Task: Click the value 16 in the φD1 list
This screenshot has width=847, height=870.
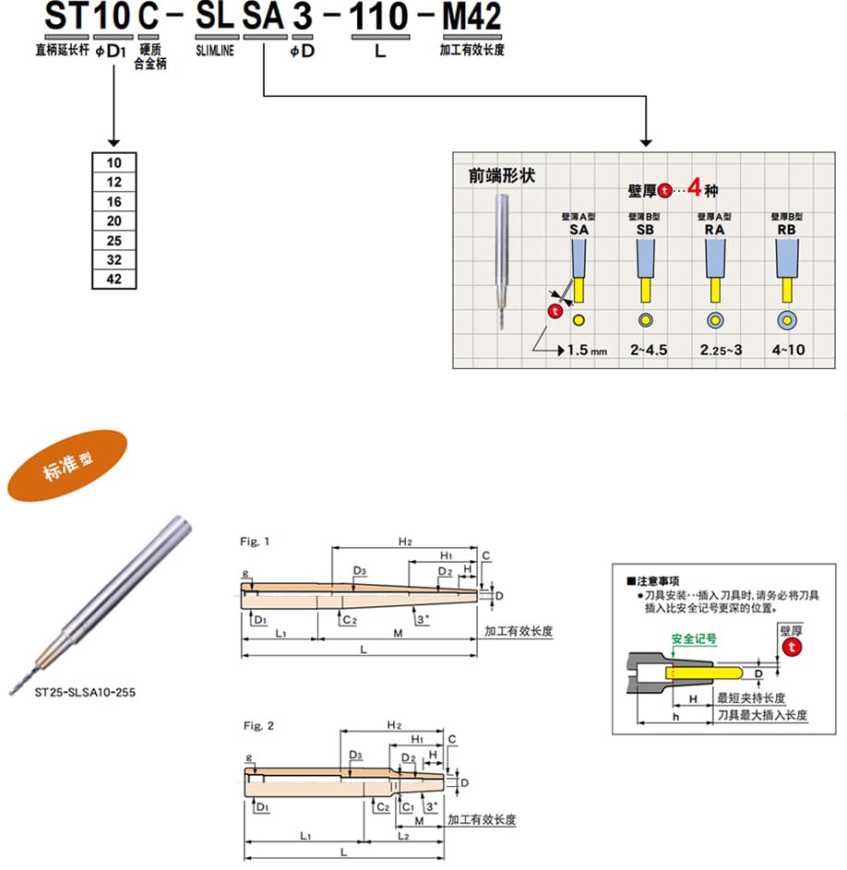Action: (114, 202)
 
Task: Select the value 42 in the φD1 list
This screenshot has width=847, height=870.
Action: (114, 280)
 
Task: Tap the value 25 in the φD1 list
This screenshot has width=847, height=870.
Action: (114, 241)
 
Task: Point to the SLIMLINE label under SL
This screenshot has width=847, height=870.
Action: (215, 51)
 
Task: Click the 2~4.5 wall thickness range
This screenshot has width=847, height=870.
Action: (647, 351)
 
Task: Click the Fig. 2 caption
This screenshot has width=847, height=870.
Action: (257, 726)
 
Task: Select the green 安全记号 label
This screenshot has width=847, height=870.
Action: (694, 638)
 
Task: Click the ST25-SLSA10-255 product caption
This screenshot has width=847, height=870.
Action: (84, 691)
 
